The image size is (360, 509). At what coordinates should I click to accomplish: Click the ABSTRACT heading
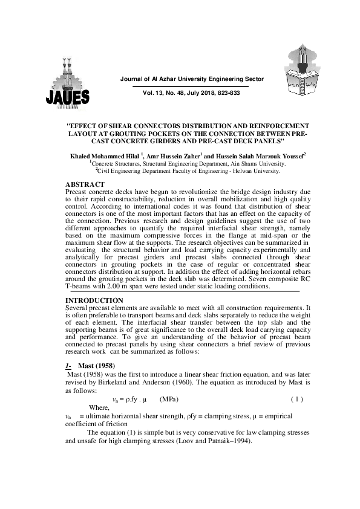pyautogui.click(x=84, y=184)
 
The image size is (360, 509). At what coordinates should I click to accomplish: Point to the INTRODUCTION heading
pyautogui.click(x=94, y=300)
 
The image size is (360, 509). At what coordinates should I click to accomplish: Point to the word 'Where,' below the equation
pyautogui.click(x=100, y=408)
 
